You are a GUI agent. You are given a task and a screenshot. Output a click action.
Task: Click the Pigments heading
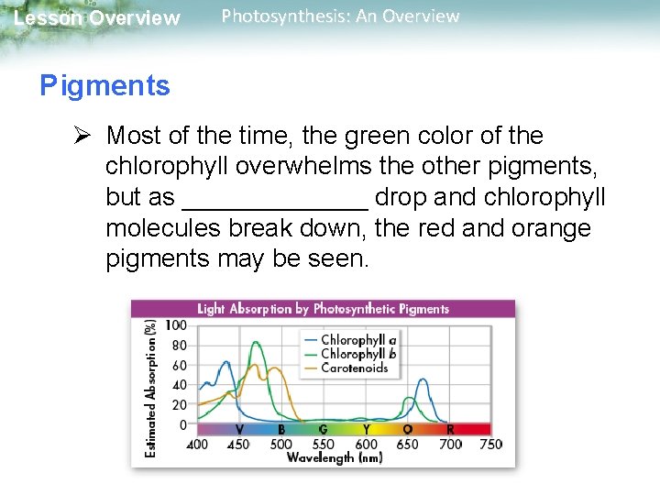(x=104, y=86)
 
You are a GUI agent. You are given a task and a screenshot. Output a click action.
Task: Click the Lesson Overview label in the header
(x=97, y=18)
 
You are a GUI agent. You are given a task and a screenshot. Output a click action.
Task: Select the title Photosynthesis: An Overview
(x=340, y=16)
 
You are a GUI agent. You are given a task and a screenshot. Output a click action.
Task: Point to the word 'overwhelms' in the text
(x=316, y=167)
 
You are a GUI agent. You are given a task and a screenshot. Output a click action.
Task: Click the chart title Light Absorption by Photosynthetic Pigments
(x=323, y=309)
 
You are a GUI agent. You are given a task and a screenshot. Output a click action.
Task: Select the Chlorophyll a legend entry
(x=357, y=339)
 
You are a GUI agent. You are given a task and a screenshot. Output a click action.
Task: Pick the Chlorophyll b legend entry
(x=357, y=354)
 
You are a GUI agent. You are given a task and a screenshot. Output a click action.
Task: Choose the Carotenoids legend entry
(x=354, y=368)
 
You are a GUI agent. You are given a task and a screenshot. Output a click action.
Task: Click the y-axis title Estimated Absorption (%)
(x=150, y=386)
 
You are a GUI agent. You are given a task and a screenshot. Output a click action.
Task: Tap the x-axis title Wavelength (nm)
(x=335, y=457)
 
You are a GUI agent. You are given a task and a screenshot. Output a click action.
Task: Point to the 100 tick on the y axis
(x=175, y=326)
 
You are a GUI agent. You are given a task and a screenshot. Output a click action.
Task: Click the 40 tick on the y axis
(x=178, y=386)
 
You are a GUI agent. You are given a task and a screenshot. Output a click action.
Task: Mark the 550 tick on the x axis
(x=323, y=445)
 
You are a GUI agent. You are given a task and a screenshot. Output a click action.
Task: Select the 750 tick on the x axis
(x=490, y=445)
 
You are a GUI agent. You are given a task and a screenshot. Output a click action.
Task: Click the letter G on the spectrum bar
(x=323, y=429)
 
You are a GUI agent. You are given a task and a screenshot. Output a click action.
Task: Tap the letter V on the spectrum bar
(x=239, y=429)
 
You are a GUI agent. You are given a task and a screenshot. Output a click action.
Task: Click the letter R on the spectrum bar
(x=449, y=429)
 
